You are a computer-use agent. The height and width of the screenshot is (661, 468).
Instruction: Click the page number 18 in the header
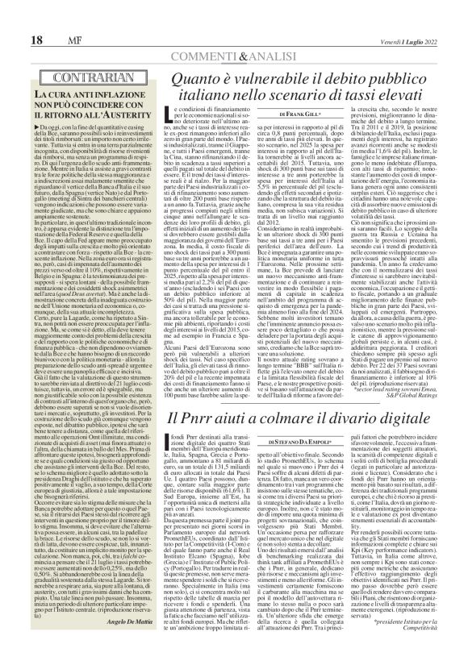[14, 17]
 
